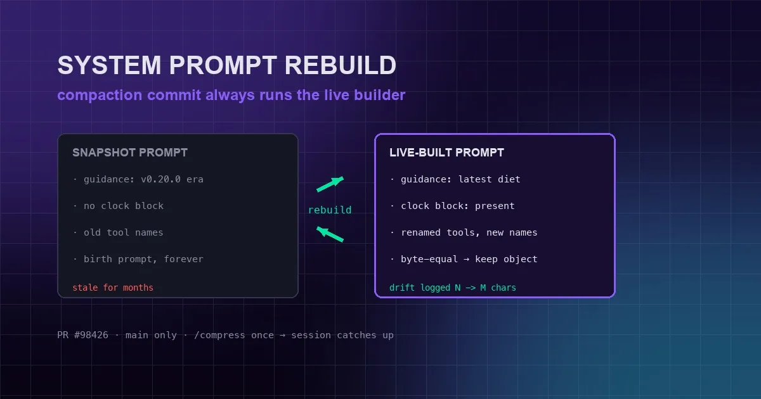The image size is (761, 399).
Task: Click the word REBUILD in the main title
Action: pos(340,65)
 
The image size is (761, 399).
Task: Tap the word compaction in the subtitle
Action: pos(100,96)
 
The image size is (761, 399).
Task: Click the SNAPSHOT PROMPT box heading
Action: pos(130,153)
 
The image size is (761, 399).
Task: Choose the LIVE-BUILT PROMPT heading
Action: pos(446,153)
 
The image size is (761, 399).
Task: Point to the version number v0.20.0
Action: pos(160,179)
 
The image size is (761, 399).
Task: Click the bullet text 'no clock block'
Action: pos(124,206)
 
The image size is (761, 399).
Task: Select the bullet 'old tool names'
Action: pos(123,232)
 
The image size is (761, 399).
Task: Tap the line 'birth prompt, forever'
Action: pos(143,259)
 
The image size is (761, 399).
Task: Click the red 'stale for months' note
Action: pos(113,288)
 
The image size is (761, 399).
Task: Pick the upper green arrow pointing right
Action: pos(330,184)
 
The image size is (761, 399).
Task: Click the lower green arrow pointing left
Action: pos(330,234)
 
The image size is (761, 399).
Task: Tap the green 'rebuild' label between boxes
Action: pos(330,210)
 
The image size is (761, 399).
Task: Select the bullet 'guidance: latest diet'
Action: pos(460,179)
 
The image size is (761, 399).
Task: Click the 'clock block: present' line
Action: pos(458,206)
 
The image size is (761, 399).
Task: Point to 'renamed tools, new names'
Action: pos(469,232)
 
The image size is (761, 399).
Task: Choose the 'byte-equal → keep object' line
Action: pos(469,259)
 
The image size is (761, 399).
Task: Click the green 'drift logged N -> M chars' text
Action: pos(453,288)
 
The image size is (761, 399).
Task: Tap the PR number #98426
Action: pos(91,335)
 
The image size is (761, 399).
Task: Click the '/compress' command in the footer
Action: pos(219,335)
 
